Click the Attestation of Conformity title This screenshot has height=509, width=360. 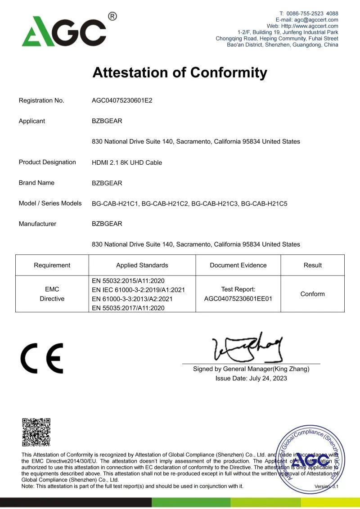point(180,72)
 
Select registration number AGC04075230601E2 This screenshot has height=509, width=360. point(122,100)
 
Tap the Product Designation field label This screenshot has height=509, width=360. point(47,162)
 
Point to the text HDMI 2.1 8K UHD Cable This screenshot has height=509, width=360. point(127,162)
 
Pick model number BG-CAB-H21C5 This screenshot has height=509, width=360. point(264,203)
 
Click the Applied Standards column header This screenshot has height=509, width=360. point(142,265)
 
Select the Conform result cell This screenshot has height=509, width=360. point(312,294)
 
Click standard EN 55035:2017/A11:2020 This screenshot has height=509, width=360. point(128,308)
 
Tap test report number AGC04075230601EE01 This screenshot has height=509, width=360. point(238,298)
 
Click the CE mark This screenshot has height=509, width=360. point(42,358)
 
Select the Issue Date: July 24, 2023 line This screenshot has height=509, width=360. point(251,378)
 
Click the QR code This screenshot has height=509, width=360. point(36,432)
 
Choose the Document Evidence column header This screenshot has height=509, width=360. point(238,265)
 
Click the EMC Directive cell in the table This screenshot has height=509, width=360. point(52,294)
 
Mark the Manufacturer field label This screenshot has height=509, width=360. point(37,224)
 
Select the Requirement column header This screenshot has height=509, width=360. point(52,265)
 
